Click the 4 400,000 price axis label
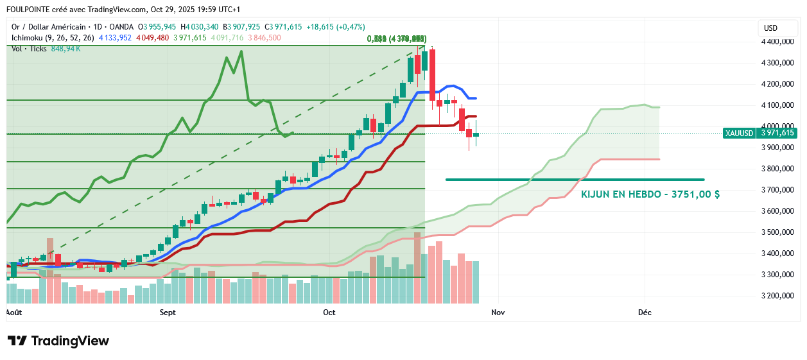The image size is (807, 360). [x=776, y=42]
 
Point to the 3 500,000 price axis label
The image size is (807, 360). [x=776, y=232]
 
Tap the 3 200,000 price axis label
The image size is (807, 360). [x=776, y=296]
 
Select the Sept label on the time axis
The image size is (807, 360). [x=168, y=313]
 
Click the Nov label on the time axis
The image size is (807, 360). [x=497, y=313]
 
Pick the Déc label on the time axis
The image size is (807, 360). [x=645, y=313]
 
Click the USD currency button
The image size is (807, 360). [x=770, y=28]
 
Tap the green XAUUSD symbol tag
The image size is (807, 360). [x=739, y=133]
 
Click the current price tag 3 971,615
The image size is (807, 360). [x=777, y=133]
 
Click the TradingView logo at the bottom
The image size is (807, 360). [x=58, y=341]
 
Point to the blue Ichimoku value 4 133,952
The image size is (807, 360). [x=115, y=38]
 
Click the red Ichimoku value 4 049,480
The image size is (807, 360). [x=152, y=38]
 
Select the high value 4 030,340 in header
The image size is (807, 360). [x=203, y=27]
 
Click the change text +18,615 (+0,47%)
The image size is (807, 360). [x=336, y=27]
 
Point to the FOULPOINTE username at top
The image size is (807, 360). [x=31, y=10]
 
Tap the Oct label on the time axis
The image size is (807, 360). [x=329, y=313]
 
